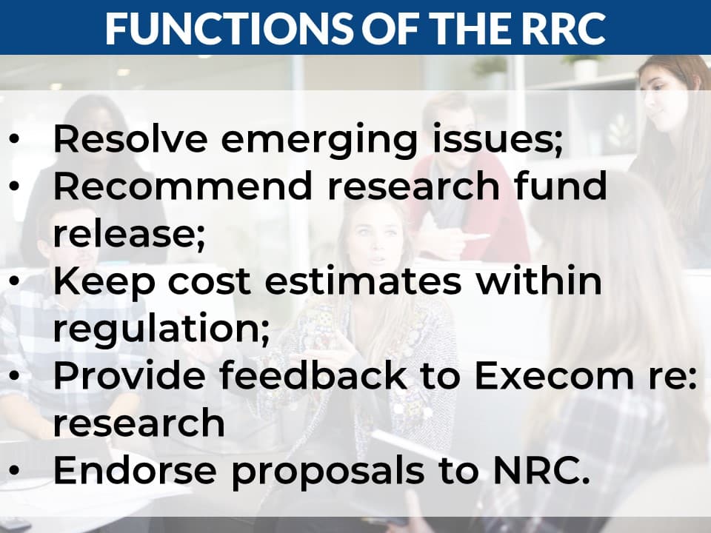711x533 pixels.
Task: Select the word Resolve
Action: tap(130, 138)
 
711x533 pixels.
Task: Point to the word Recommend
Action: tap(184, 186)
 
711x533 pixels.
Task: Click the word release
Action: tap(129, 234)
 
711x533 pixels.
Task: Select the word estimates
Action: tap(363, 282)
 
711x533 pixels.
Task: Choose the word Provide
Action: tap(130, 376)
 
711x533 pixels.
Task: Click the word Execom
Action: tap(553, 376)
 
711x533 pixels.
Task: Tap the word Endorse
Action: tap(135, 471)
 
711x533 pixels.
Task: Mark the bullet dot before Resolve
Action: tap(14, 138)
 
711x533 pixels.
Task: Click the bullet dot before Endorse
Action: tap(14, 471)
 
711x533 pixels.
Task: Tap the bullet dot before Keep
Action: tap(14, 281)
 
